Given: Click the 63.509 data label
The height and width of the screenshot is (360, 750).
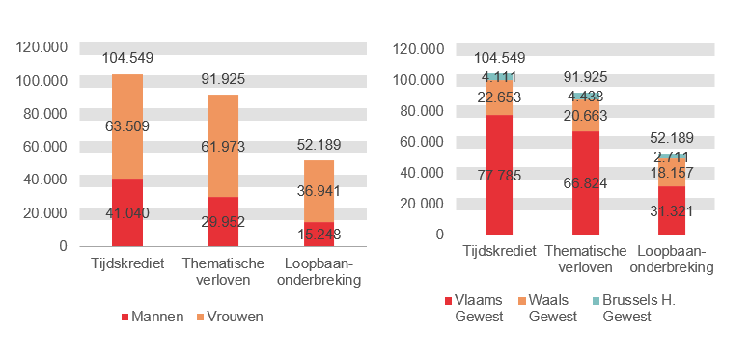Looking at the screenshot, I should click(127, 125).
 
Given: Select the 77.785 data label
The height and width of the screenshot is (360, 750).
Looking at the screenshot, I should click(499, 175).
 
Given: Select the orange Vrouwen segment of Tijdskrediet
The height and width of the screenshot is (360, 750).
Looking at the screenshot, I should click(127, 106).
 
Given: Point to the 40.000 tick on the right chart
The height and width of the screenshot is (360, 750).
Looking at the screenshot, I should click(418, 173).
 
